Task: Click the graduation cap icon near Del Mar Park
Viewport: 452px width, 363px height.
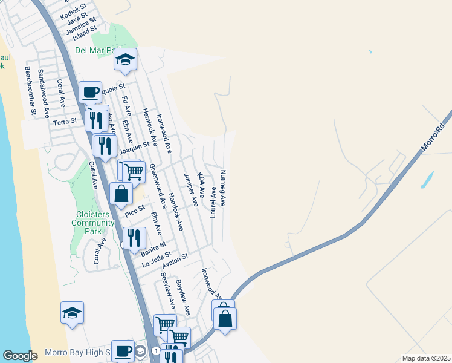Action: [x=125, y=60]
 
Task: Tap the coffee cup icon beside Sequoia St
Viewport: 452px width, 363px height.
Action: [x=90, y=93]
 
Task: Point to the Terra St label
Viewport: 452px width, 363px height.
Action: [x=65, y=121]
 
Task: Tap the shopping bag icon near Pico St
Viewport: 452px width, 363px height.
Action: [x=121, y=194]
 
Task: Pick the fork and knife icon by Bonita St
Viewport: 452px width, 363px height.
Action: [x=134, y=238]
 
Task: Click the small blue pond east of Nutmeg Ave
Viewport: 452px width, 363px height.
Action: [x=427, y=179]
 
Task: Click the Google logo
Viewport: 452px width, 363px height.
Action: [x=20, y=356]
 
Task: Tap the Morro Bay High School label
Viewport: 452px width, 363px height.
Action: [x=77, y=353]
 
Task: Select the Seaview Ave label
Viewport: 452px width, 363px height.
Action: [x=167, y=290]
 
